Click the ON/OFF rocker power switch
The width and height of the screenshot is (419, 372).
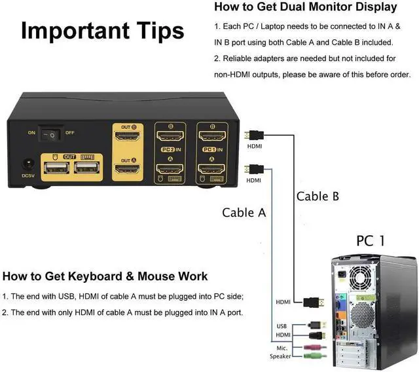point(49,134)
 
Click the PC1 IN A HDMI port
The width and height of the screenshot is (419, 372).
point(213,172)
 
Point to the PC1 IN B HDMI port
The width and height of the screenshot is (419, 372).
point(213,138)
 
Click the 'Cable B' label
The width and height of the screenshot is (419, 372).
point(318,196)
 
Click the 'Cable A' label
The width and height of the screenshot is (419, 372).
point(244,212)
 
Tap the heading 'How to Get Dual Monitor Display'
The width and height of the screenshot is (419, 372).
point(305,7)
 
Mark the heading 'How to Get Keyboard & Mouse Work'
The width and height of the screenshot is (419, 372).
point(105,276)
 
